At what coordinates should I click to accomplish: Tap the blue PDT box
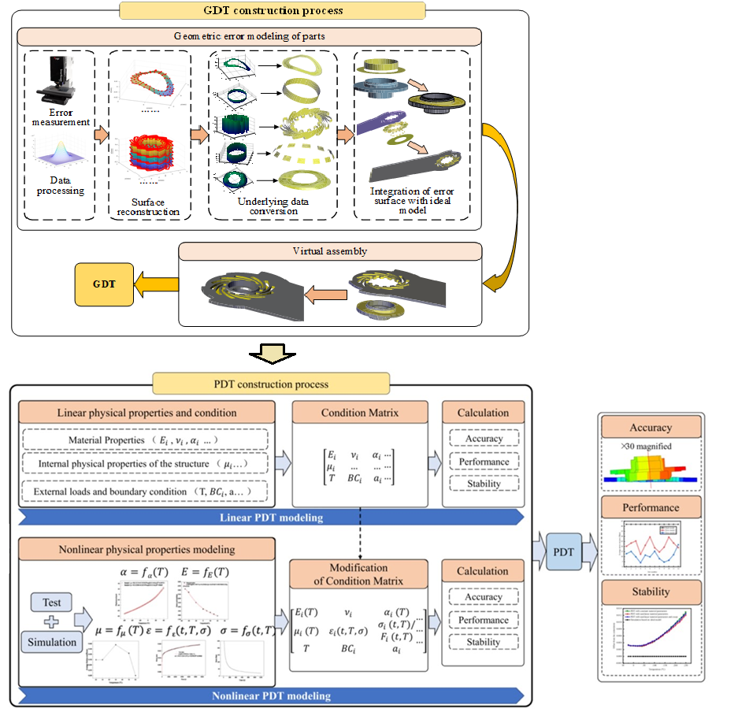coord(563,551)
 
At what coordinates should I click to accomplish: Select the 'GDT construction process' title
coord(272,11)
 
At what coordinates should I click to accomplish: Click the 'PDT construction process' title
coord(271,384)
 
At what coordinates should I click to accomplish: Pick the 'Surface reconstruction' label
coord(149,206)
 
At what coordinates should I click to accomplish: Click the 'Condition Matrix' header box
coord(360,413)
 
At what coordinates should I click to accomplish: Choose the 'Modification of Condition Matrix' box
coord(359,573)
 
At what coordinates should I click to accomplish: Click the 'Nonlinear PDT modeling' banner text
coord(272,696)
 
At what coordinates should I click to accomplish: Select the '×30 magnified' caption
coord(646,447)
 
